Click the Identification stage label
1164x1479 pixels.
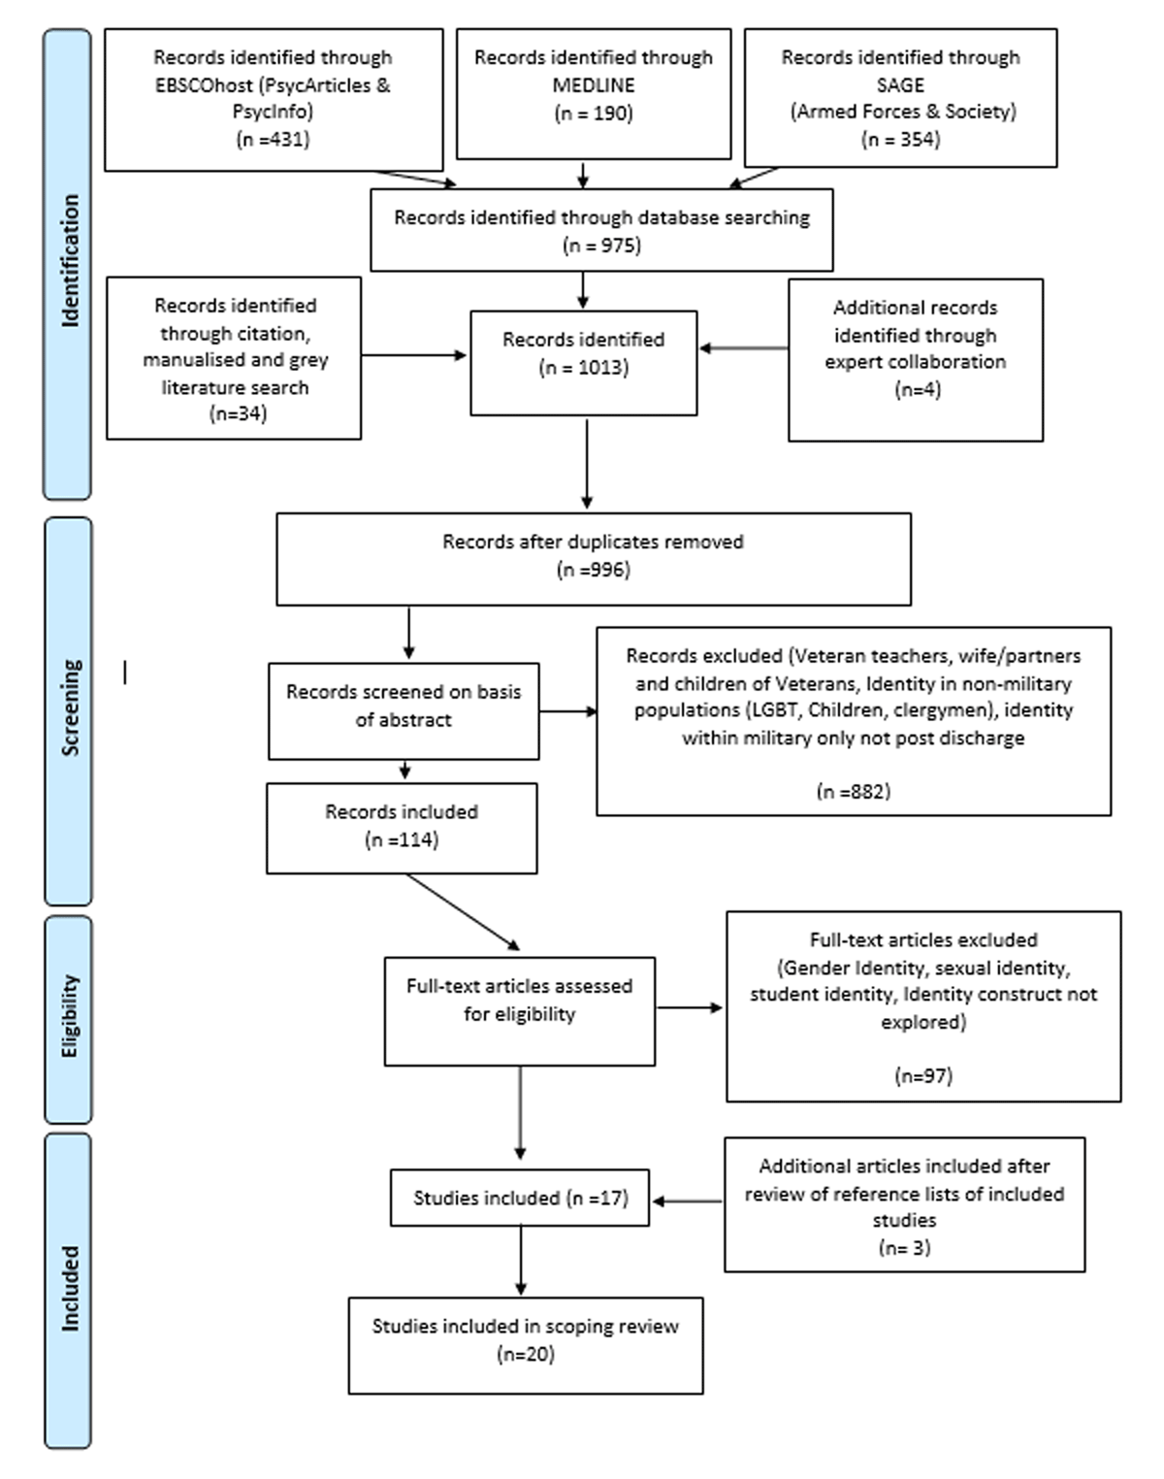[x=70, y=260]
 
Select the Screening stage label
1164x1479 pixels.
[x=71, y=707]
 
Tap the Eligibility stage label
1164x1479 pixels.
[x=70, y=1016]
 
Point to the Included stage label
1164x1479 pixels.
[x=70, y=1289]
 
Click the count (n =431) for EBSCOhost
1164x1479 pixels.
[x=273, y=140]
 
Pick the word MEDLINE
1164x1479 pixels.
[x=594, y=85]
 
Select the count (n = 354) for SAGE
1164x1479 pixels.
[x=900, y=140]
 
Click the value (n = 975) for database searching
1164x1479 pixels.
[x=602, y=246]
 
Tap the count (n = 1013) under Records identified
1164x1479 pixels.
[x=583, y=368]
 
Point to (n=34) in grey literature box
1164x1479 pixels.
[x=238, y=413]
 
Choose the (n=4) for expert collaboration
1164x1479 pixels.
[x=918, y=390]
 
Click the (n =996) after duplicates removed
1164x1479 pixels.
[x=593, y=570]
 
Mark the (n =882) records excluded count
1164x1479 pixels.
[x=854, y=792]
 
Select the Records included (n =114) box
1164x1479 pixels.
[x=402, y=828]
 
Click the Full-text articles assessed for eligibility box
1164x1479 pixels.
[x=520, y=1011]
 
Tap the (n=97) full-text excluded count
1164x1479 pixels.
[x=923, y=1075]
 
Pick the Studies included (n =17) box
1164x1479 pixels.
[x=520, y=1198]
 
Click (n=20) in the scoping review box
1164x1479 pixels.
[x=526, y=1354]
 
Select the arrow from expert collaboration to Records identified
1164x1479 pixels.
[x=743, y=348]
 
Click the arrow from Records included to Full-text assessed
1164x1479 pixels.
[x=463, y=912]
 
